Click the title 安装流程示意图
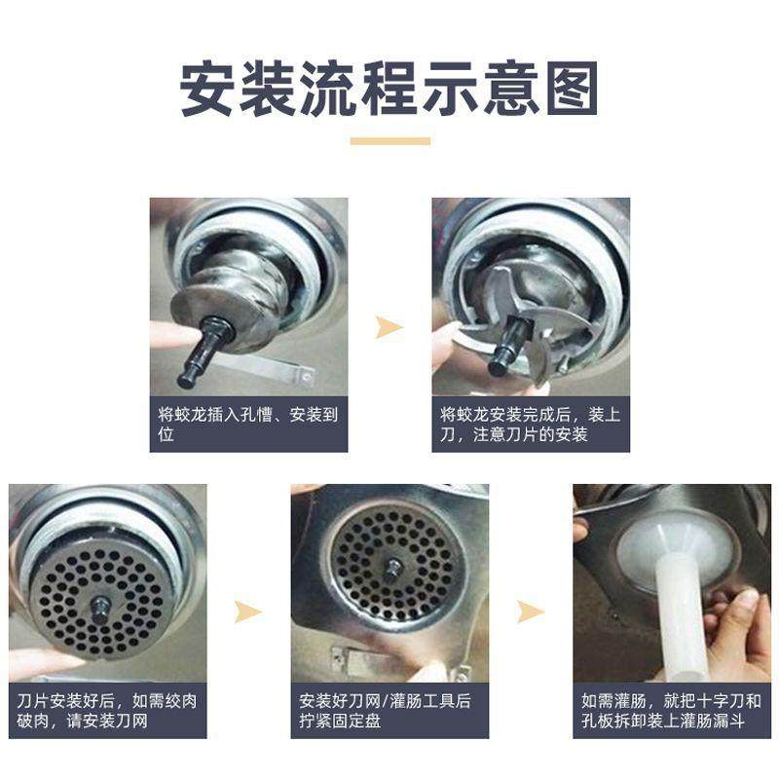pyautogui.click(x=389, y=91)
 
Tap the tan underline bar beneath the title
pyautogui.click(x=389, y=141)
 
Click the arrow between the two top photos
pyautogui.click(x=389, y=327)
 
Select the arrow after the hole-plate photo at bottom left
pyautogui.click(x=248, y=612)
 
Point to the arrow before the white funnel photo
pyautogui.click(x=531, y=612)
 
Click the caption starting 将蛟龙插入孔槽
pyautogui.click(x=248, y=424)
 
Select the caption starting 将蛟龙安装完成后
pyautogui.click(x=531, y=424)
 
